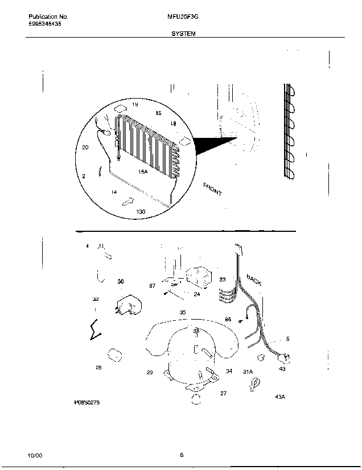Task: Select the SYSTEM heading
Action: (x=183, y=34)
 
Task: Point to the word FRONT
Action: (x=212, y=190)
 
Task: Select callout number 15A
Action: (x=142, y=171)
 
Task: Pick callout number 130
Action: (x=141, y=211)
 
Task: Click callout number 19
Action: (x=135, y=105)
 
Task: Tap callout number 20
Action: (x=85, y=148)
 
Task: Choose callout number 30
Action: (x=120, y=281)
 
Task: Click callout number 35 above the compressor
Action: (x=183, y=312)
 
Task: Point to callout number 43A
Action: (x=279, y=397)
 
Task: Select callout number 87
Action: (x=153, y=286)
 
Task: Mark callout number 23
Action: (x=223, y=279)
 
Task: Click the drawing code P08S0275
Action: (x=87, y=402)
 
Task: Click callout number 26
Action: (x=98, y=367)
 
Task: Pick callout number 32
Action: (x=96, y=299)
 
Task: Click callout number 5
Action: (x=287, y=339)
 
